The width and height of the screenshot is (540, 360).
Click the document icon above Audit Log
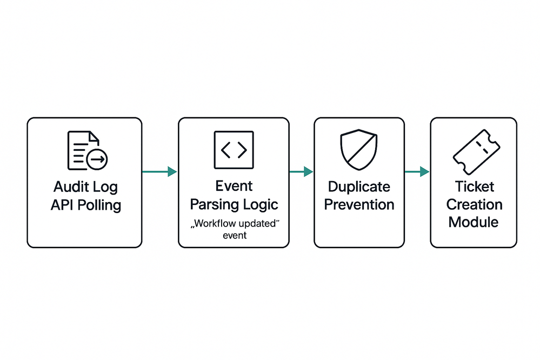click(x=85, y=150)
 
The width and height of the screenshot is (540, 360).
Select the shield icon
click(x=359, y=151)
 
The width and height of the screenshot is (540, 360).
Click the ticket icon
click(x=474, y=151)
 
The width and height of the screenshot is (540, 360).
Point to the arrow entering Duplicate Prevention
click(x=301, y=172)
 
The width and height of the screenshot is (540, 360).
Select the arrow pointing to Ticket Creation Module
click(x=417, y=172)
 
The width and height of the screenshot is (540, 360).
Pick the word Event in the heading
click(x=234, y=186)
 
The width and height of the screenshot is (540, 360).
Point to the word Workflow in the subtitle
click(x=214, y=224)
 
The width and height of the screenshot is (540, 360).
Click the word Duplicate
click(x=359, y=187)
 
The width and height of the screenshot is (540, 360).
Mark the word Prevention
click(x=359, y=205)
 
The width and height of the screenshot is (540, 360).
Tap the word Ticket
click(x=474, y=187)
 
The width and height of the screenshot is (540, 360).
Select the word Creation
click(x=474, y=205)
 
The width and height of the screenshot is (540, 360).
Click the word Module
click(x=474, y=222)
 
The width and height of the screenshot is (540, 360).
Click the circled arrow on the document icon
click(x=98, y=159)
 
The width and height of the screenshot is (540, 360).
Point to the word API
click(x=63, y=205)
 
